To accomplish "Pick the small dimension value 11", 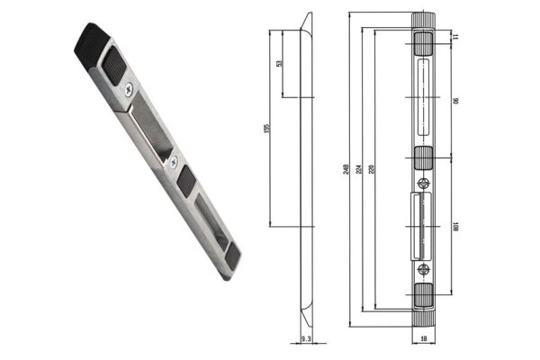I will pos(456,35).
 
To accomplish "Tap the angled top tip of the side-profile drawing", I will pos(309,18).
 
